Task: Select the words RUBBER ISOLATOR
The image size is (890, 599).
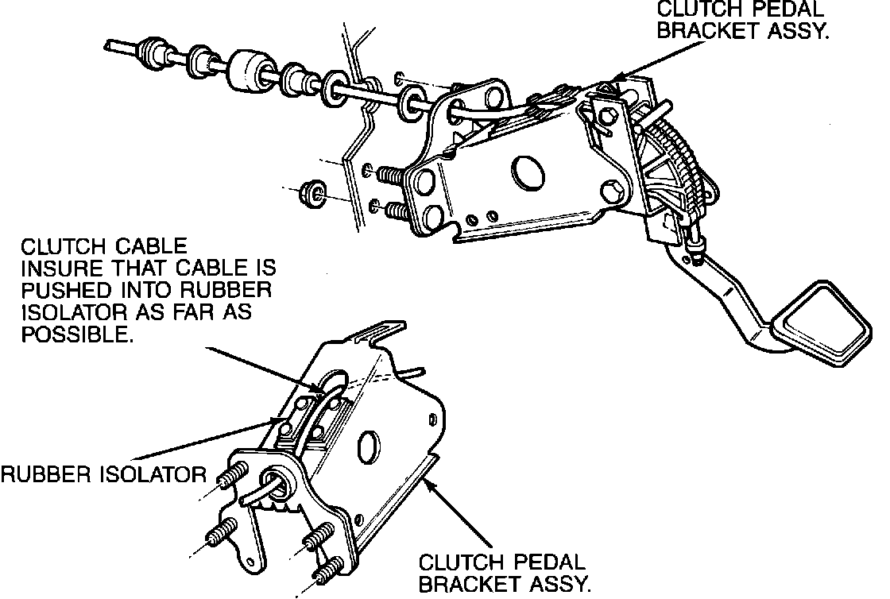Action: click(103, 475)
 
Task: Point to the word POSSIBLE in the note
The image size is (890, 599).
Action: click(76, 334)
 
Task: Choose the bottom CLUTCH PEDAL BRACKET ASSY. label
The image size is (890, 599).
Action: click(505, 574)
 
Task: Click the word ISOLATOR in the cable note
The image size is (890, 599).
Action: click(73, 311)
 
